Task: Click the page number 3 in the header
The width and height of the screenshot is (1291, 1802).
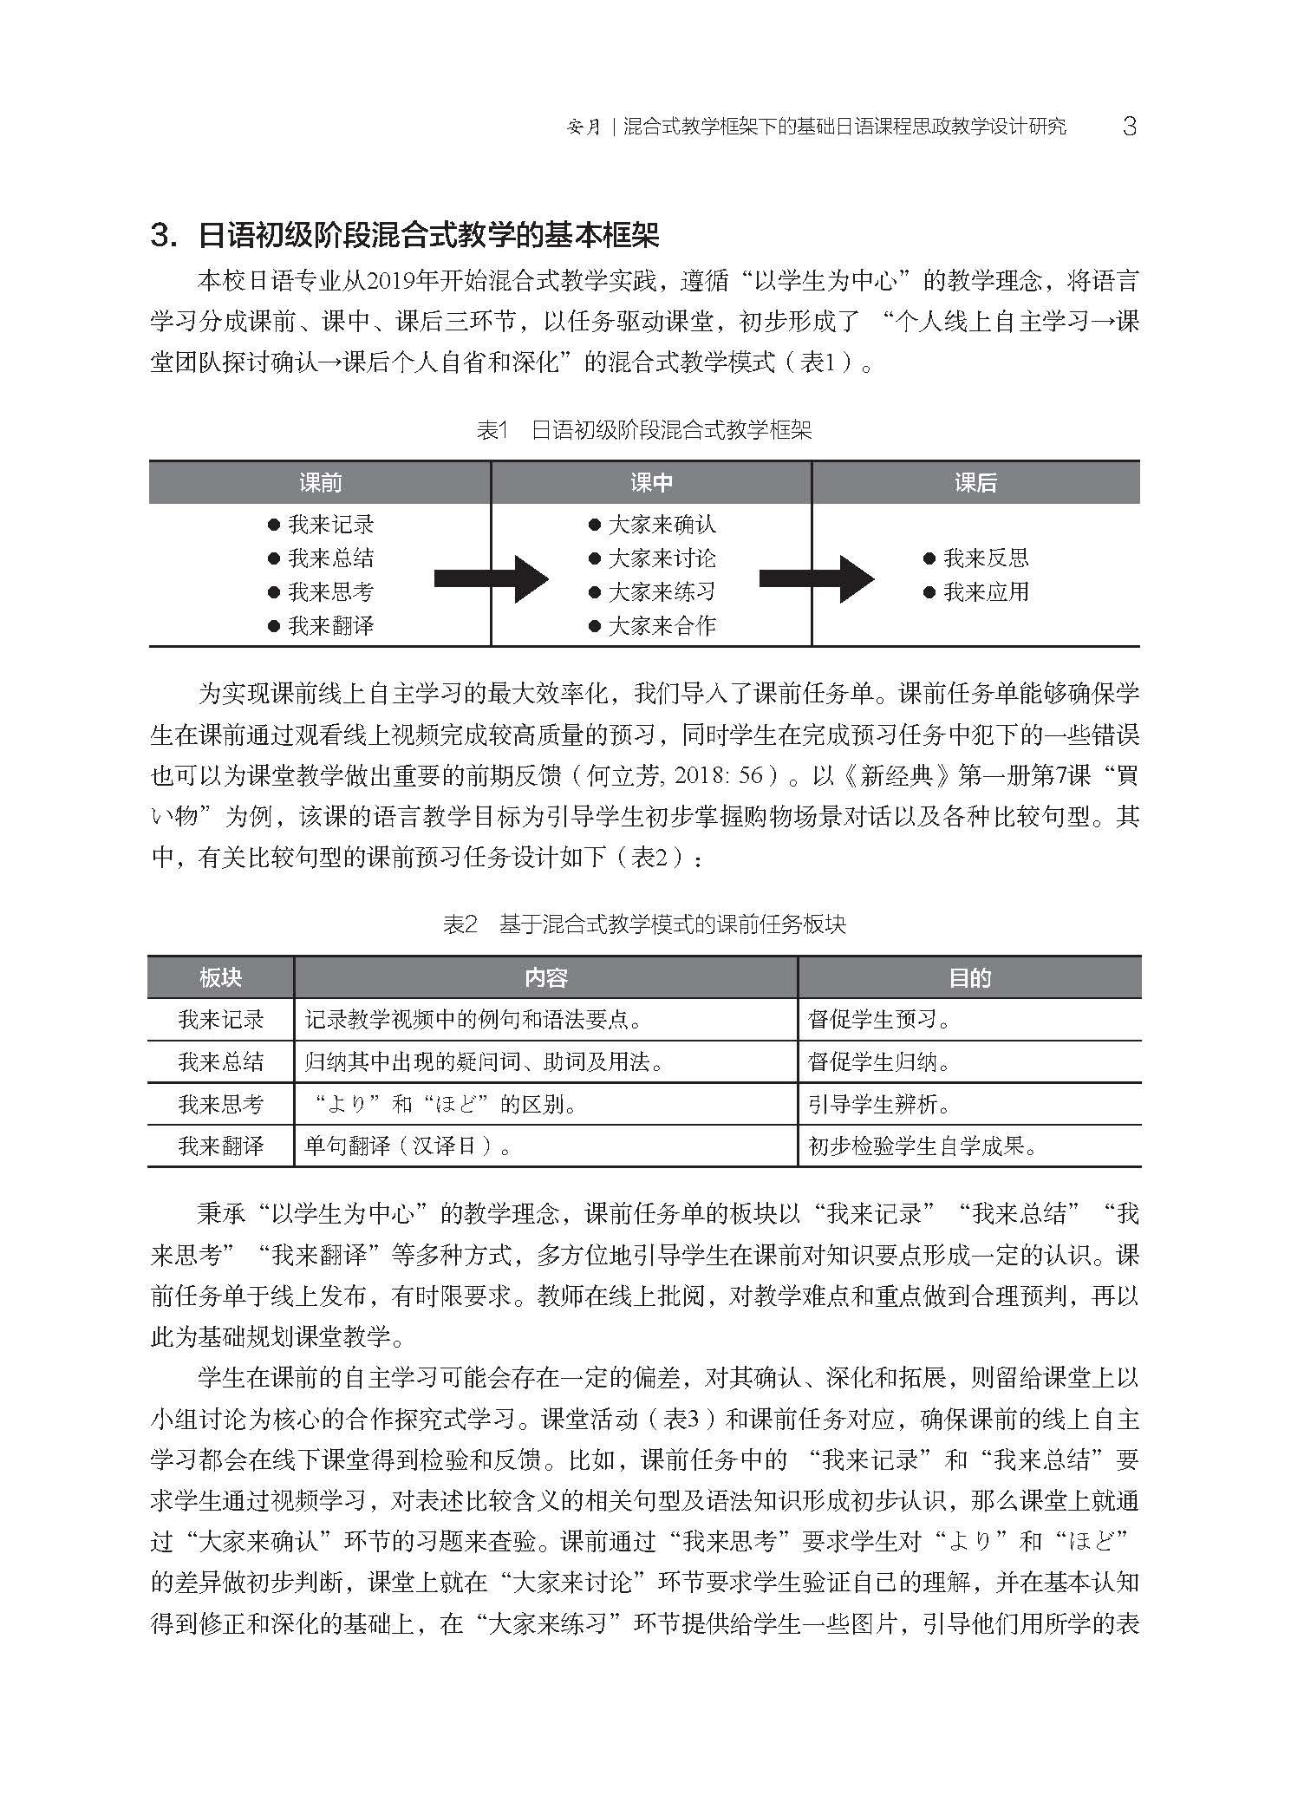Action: pyautogui.click(x=1128, y=127)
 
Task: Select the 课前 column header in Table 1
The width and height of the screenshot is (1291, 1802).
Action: pyautogui.click(x=320, y=483)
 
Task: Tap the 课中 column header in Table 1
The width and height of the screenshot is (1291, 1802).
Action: pyautogui.click(x=651, y=483)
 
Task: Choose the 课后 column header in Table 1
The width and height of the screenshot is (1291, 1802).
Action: pyautogui.click(x=975, y=483)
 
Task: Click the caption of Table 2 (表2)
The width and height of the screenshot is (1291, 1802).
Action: pyautogui.click(x=644, y=924)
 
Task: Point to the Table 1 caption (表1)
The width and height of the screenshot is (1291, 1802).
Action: pyautogui.click(x=644, y=430)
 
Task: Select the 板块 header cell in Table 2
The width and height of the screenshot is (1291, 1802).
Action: pyautogui.click(x=220, y=978)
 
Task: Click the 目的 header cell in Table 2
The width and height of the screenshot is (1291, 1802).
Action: pyautogui.click(x=969, y=978)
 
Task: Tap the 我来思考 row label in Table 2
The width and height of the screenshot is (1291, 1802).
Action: pyautogui.click(x=220, y=1104)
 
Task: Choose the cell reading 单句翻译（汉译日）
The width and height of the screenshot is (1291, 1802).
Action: pyautogui.click(x=408, y=1146)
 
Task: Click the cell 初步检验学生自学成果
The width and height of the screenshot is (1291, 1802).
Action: pyautogui.click(x=923, y=1146)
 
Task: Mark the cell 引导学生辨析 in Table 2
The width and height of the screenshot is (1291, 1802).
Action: pyautogui.click(x=879, y=1104)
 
